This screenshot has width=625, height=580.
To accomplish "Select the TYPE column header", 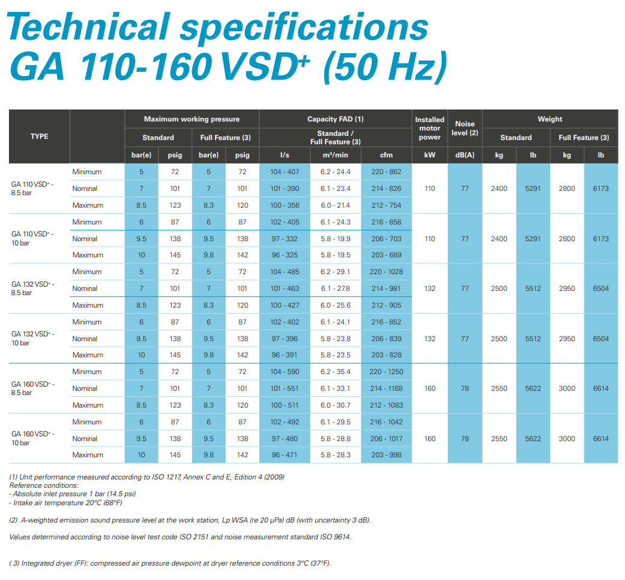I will (x=40, y=136).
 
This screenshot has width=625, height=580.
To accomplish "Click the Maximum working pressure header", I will (x=192, y=119).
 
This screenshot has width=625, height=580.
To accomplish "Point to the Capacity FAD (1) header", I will (x=335, y=119).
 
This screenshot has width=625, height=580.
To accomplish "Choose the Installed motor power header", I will (x=430, y=128).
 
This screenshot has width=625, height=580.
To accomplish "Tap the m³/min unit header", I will (x=335, y=155).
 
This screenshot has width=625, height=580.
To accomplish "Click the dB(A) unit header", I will (x=465, y=155).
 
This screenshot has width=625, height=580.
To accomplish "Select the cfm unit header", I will (x=386, y=155).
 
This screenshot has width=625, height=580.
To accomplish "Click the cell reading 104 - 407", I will (x=284, y=172).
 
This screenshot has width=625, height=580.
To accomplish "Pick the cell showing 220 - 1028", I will (x=387, y=272).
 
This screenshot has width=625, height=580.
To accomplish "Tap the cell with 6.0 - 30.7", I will (x=335, y=405).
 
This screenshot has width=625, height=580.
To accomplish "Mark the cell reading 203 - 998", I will (x=386, y=455).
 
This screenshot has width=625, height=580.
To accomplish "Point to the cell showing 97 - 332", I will (x=284, y=239).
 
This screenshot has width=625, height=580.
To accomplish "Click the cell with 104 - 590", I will (x=284, y=372).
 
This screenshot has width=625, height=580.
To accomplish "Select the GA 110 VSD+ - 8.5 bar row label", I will (x=34, y=189).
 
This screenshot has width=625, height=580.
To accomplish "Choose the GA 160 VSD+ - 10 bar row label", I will (x=34, y=438).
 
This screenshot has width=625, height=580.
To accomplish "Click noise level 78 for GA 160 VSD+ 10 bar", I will (x=465, y=439).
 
